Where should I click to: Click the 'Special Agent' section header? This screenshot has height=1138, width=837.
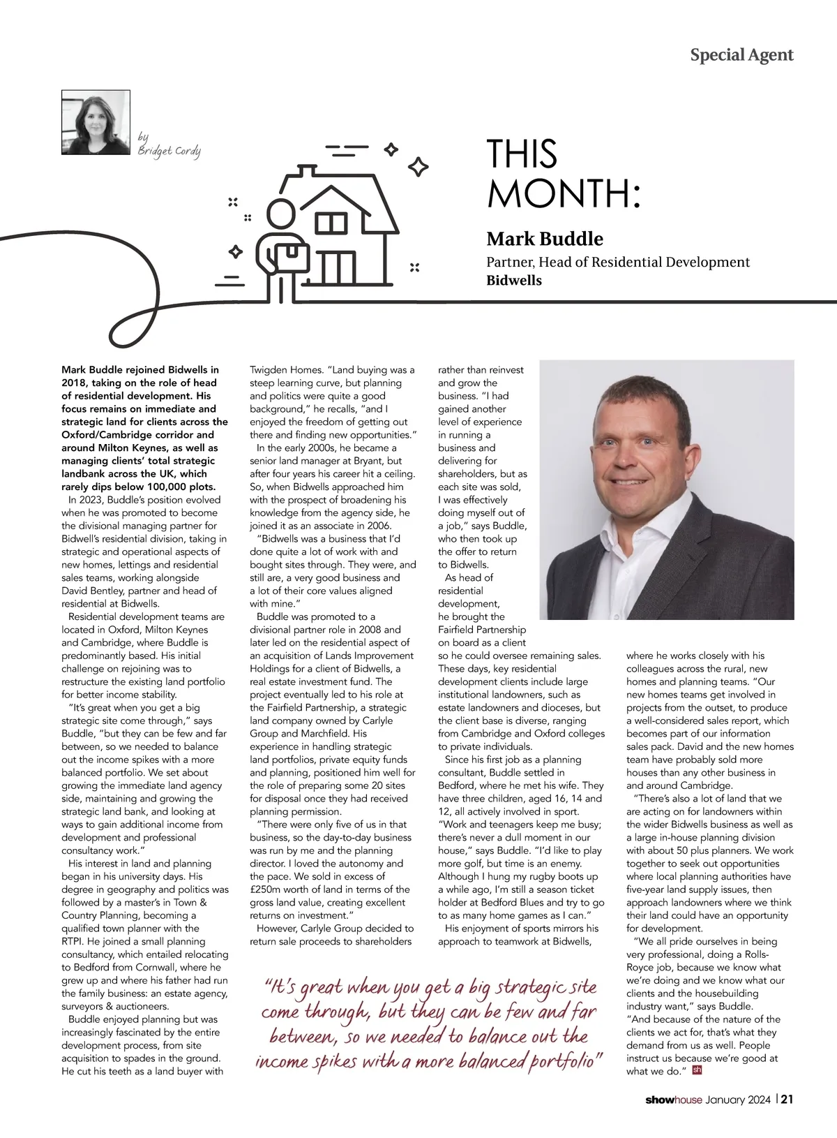[741, 54]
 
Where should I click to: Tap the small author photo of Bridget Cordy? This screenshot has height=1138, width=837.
[96, 122]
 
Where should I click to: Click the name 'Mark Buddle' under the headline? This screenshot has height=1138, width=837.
[545, 239]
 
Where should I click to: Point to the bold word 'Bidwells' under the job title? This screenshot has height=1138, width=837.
[514, 281]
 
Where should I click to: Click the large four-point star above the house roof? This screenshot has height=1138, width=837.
[418, 166]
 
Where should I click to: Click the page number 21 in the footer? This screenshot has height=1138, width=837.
[787, 1100]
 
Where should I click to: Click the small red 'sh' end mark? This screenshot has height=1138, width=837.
[697, 1069]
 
